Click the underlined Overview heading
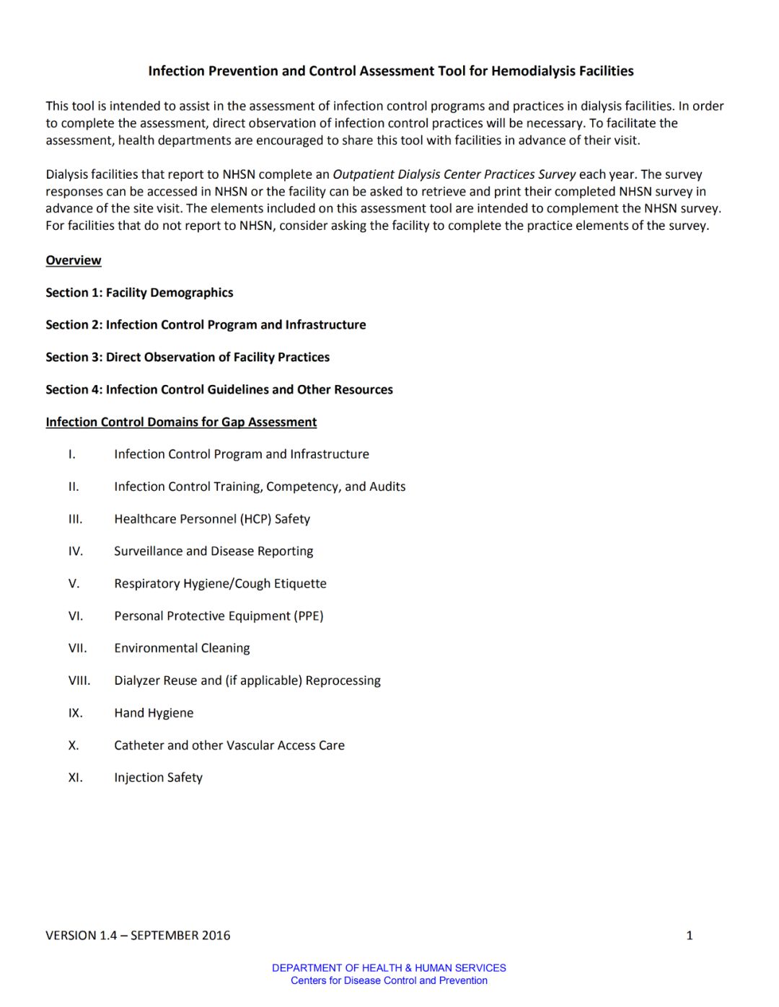click(x=74, y=260)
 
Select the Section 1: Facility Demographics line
click(x=139, y=293)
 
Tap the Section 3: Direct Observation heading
click(x=188, y=357)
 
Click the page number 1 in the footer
click(x=689, y=935)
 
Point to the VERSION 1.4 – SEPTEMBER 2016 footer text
click(x=138, y=935)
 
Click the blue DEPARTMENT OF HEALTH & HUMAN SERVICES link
click(x=389, y=968)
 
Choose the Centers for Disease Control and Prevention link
click(x=389, y=980)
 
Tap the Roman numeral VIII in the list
click(x=79, y=680)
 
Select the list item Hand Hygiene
click(x=154, y=713)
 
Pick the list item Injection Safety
click(x=158, y=777)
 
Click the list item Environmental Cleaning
click(x=182, y=648)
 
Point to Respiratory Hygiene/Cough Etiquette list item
click(x=220, y=583)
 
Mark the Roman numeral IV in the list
click(x=76, y=551)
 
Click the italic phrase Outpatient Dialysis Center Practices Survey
click(x=454, y=174)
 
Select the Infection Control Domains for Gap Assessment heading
click(x=181, y=422)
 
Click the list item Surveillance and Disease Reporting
click(x=214, y=551)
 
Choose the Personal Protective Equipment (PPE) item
click(x=219, y=616)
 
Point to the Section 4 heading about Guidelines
click(x=219, y=389)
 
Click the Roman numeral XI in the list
click(x=76, y=777)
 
